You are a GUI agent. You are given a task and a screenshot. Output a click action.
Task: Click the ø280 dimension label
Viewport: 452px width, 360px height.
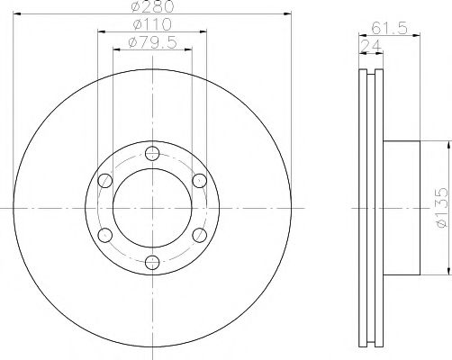pyautogui.click(x=153, y=6)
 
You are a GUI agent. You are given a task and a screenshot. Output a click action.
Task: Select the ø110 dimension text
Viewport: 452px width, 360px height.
pyautogui.click(x=152, y=24)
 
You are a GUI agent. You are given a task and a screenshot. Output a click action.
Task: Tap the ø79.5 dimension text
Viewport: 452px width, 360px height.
pyautogui.click(x=152, y=42)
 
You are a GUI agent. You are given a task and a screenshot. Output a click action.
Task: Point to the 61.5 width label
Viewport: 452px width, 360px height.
pyautogui.click(x=389, y=29)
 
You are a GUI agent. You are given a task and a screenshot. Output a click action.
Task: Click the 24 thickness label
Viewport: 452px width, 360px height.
pyautogui.click(x=371, y=46)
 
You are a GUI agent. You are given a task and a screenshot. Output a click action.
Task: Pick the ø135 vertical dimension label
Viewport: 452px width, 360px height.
pyautogui.click(x=442, y=208)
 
